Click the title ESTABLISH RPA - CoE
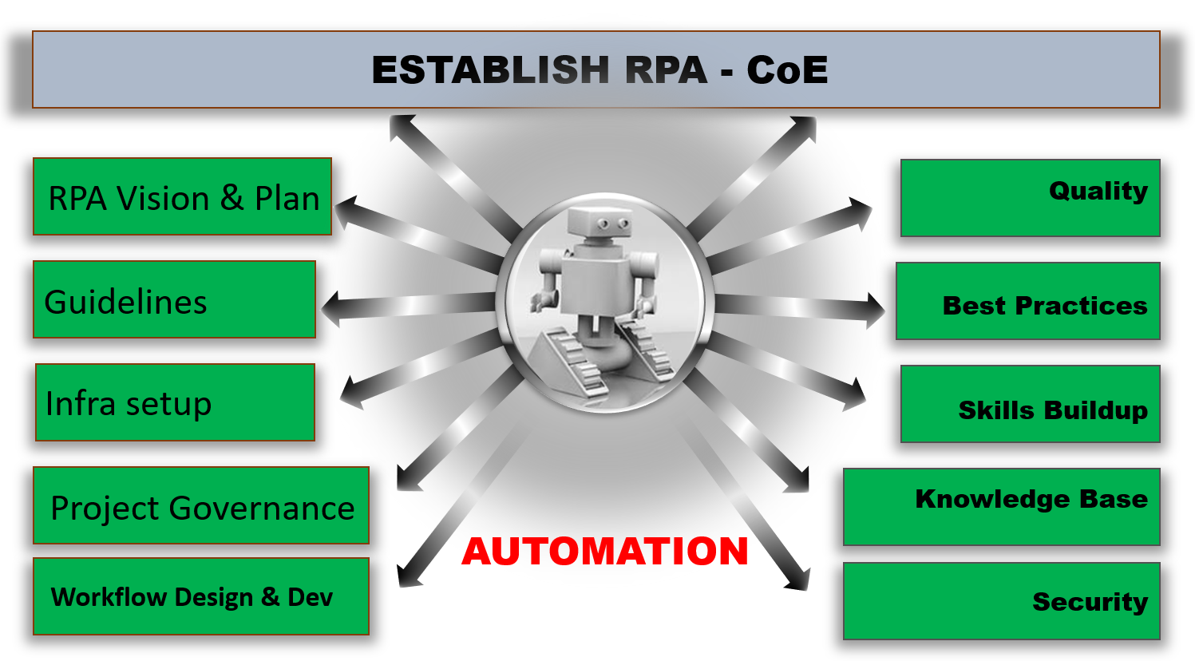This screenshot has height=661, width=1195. pyautogui.click(x=599, y=69)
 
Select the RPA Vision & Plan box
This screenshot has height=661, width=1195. pyautogui.click(x=182, y=197)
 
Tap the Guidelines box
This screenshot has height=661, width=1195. pyautogui.click(x=174, y=300)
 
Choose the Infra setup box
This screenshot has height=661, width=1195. pyautogui.click(x=175, y=402)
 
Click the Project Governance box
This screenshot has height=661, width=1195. pyautogui.click(x=201, y=506)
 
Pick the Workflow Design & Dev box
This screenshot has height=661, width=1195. pyautogui.click(x=201, y=596)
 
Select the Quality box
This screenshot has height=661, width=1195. pyautogui.click(x=1030, y=198)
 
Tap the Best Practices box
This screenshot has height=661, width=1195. pyautogui.click(x=1027, y=302)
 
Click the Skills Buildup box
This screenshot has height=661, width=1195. pyautogui.click(x=1030, y=404)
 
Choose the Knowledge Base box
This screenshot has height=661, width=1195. pyautogui.click(x=1001, y=507)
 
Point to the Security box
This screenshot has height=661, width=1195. pyautogui.click(x=1001, y=601)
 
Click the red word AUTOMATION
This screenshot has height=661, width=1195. pyautogui.click(x=604, y=551)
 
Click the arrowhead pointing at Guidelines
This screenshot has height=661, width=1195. pyautogui.click(x=330, y=307)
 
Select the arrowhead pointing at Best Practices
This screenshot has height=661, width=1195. pyautogui.click(x=875, y=311)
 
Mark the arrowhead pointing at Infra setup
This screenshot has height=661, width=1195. pyautogui.click(x=350, y=392)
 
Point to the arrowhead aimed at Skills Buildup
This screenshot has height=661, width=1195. pyautogui.click(x=857, y=394)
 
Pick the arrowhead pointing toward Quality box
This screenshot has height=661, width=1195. pyautogui.click(x=862, y=211)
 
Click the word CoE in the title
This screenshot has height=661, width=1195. pyautogui.click(x=787, y=69)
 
